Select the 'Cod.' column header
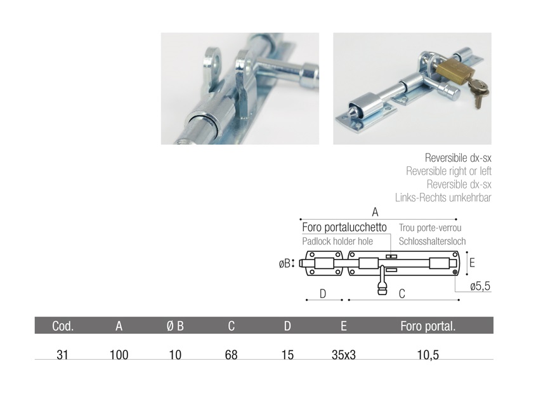tap(63, 326)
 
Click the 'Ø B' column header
tap(175, 326)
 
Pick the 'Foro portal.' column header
tap(428, 326)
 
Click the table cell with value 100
tap(119, 355)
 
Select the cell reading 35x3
tap(344, 355)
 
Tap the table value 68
tap(231, 355)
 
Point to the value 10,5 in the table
tap(428, 355)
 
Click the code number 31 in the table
tap(62, 355)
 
